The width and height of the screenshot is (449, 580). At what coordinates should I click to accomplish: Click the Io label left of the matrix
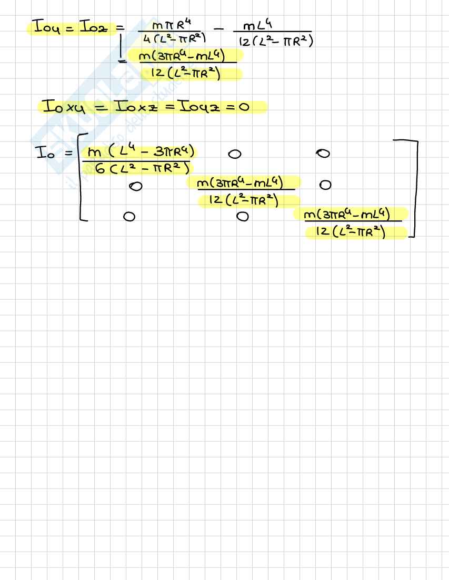pyautogui.click(x=44, y=154)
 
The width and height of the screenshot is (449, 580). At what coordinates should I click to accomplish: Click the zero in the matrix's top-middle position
pyautogui.click(x=235, y=155)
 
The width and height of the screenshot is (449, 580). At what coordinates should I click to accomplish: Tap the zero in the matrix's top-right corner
pyautogui.click(x=324, y=154)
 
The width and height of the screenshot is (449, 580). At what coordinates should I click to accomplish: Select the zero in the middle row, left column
pyautogui.click(x=137, y=186)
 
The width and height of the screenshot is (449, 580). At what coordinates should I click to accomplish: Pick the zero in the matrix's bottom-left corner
pyautogui.click(x=128, y=217)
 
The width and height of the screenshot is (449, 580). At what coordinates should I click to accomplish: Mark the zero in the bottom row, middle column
pyautogui.click(x=242, y=216)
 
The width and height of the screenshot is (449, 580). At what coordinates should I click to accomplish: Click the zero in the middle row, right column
pyautogui.click(x=325, y=185)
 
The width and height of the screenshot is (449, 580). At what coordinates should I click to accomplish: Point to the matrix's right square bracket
pyautogui.click(x=413, y=189)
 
